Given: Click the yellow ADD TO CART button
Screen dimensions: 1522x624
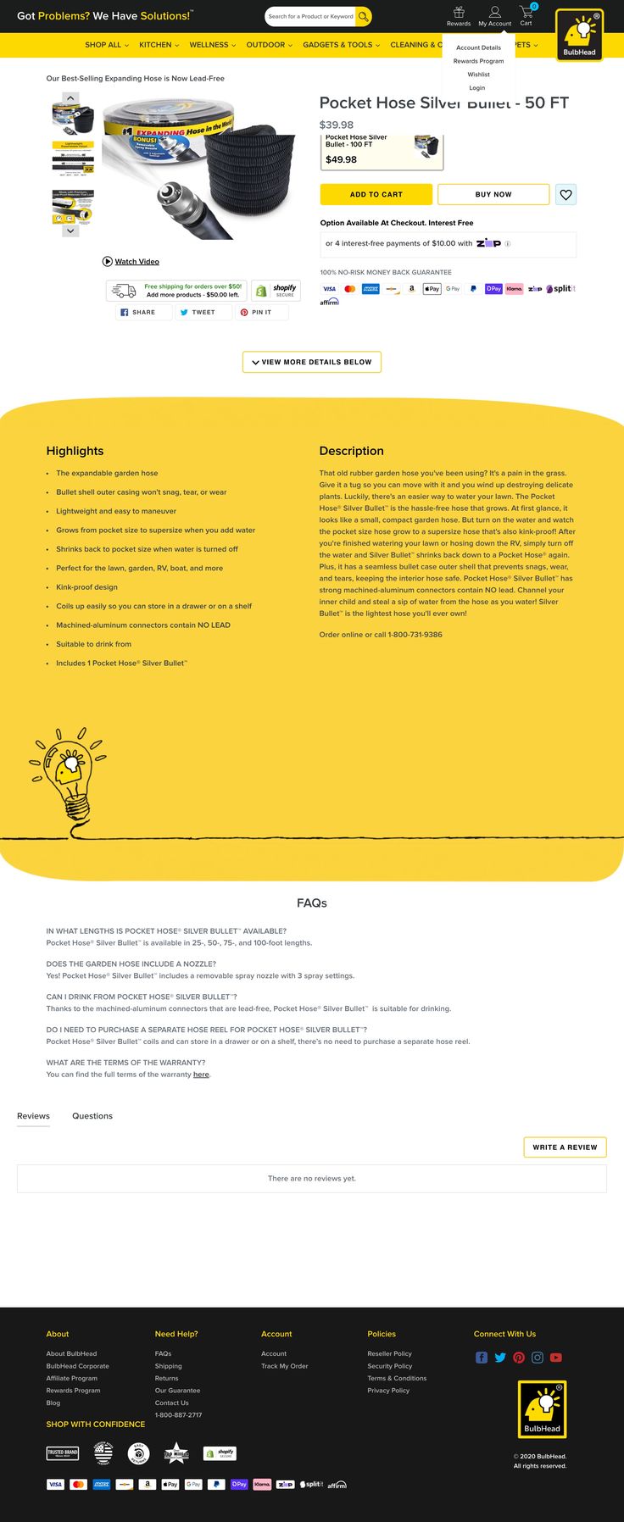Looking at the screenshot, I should coord(376,194).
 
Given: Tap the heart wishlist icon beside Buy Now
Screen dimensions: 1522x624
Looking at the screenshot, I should coord(566,195).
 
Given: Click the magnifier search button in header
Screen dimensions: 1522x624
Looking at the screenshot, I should coord(363,16).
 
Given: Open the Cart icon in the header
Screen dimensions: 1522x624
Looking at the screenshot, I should coord(526,15).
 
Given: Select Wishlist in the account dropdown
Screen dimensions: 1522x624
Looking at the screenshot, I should coord(478,75).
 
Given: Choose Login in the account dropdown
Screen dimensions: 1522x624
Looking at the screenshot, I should coord(477,88).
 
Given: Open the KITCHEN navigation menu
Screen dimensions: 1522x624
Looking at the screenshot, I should coord(159,45).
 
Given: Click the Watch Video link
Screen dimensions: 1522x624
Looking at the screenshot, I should coord(136,262).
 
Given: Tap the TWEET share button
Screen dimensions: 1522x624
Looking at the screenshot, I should coord(198,313).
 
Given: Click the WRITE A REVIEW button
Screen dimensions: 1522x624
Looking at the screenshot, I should coord(565,1147).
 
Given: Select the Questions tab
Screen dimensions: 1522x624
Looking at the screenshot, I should coord(92,1116).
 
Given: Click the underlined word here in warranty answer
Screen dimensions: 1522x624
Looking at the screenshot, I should coord(201,1075).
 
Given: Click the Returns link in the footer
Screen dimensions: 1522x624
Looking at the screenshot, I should coord(167,1378).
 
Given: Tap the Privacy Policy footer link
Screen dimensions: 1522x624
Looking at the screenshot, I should coord(388,1391).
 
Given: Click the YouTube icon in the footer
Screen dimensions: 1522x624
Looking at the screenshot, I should coord(556,1358).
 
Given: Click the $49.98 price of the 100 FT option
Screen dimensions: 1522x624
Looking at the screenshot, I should coord(342,159).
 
